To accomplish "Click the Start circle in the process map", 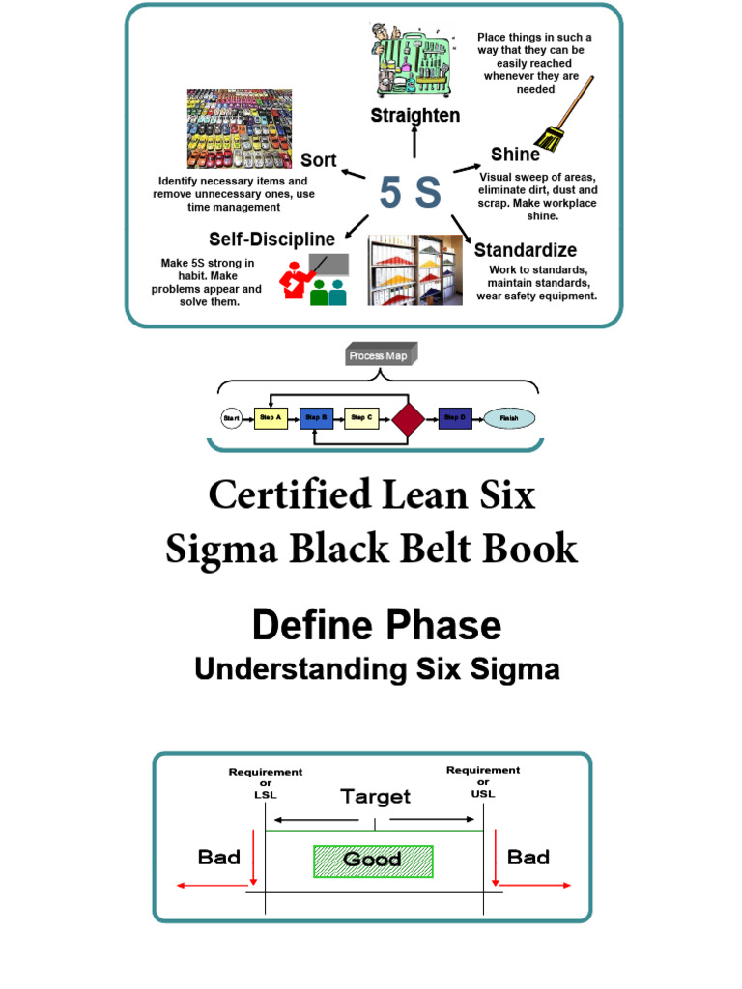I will click(x=232, y=418).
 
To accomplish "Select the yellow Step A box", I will click(x=271, y=418).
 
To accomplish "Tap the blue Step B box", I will click(x=316, y=418).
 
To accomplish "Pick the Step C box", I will click(x=361, y=418).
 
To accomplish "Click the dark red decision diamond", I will click(x=408, y=419).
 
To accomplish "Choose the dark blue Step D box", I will click(x=455, y=418).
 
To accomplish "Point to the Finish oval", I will click(x=509, y=418).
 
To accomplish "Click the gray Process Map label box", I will click(x=382, y=356).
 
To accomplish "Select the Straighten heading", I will click(x=415, y=116).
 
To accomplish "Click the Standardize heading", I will click(x=526, y=250).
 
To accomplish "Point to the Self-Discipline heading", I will click(x=272, y=239).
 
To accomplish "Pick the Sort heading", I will click(x=318, y=159).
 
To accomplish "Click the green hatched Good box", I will click(x=373, y=860).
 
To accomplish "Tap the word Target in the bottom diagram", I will click(x=375, y=797).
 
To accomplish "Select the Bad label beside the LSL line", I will click(x=219, y=857).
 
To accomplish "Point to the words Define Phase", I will click(x=377, y=626).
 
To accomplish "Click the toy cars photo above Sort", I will click(x=240, y=128).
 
